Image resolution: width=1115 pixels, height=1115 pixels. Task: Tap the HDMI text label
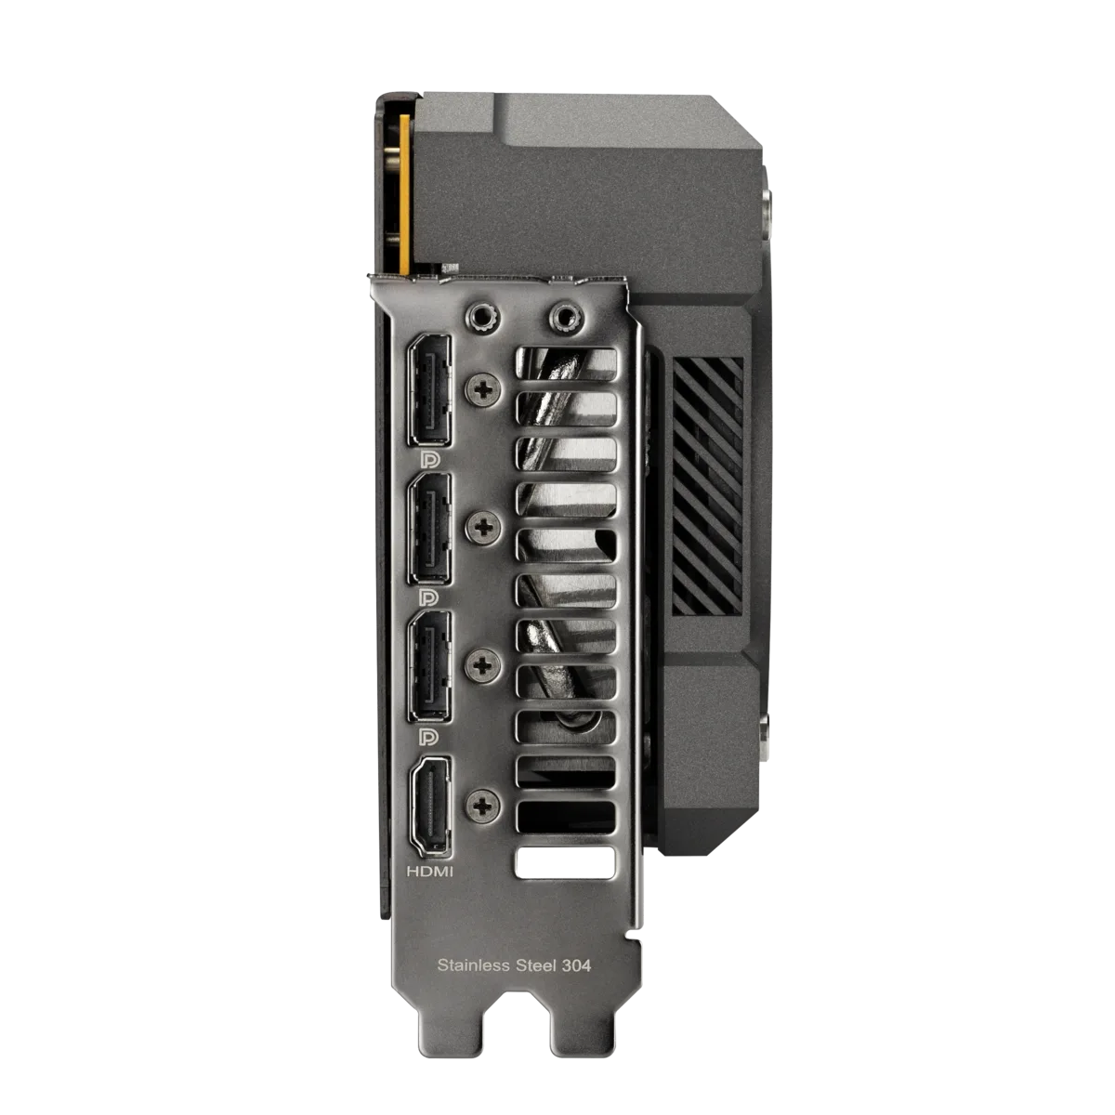[431, 872]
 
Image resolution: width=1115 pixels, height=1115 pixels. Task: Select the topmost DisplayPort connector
[428, 387]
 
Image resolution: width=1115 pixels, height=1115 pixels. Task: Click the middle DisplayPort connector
[428, 527]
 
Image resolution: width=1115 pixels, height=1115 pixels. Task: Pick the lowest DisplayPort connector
[428, 663]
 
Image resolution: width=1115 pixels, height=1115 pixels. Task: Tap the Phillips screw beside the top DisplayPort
[482, 389]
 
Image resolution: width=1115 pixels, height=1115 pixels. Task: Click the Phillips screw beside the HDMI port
[482, 805]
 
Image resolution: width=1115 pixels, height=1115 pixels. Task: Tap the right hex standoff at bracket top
[561, 317]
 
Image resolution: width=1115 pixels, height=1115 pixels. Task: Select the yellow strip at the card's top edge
[402, 186]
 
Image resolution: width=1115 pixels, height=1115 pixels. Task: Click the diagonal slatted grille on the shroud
[708, 485]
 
